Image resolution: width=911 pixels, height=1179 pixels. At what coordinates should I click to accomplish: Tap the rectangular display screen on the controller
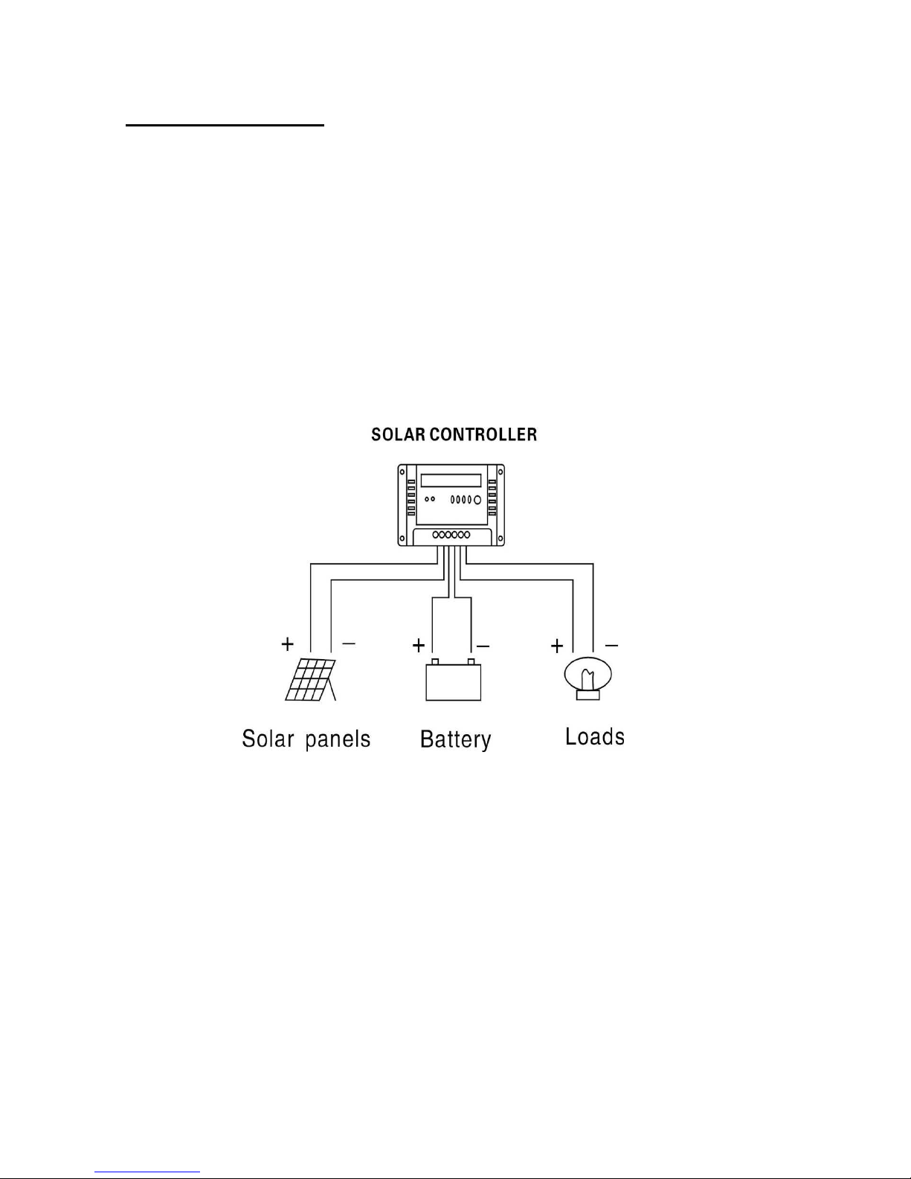pos(451,481)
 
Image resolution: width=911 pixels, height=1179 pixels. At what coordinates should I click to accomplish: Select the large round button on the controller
pos(477,499)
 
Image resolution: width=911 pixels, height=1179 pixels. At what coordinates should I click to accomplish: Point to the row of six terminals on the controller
pos(451,535)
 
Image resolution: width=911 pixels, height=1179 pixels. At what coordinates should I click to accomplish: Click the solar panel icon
pos(310,679)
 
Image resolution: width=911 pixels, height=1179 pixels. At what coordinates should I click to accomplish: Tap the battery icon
pos(453,680)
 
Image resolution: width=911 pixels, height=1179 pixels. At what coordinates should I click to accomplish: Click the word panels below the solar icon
pos(338,739)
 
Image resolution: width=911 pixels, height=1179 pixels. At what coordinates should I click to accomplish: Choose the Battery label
pos(455,739)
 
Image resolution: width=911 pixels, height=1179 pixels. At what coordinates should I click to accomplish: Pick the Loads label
pos(594,736)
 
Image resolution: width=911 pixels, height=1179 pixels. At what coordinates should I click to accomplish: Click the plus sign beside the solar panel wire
pos(287,643)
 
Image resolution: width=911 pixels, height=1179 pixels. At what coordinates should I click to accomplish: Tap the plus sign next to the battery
pos(419,644)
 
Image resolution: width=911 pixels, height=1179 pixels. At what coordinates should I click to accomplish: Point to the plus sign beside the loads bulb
pos(557,646)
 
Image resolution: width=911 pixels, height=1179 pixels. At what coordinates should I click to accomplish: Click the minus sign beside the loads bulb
pos(611,645)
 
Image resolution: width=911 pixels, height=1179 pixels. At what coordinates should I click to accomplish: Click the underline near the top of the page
pos(225,126)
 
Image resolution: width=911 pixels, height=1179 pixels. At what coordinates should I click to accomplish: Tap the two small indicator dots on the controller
pos(429,499)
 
